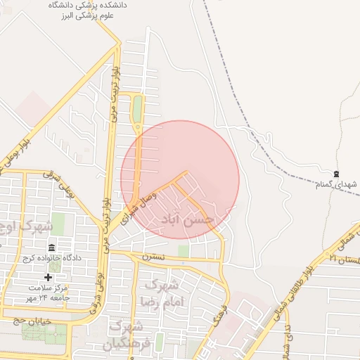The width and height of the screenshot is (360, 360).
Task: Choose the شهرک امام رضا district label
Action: coord(161,293)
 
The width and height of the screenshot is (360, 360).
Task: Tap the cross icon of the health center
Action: coord(48,278)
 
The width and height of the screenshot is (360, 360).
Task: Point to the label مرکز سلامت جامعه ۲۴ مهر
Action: coord(51,293)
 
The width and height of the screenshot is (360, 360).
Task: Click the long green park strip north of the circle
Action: coord(137,109)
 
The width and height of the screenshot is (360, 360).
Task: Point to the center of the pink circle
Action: coord(180,179)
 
